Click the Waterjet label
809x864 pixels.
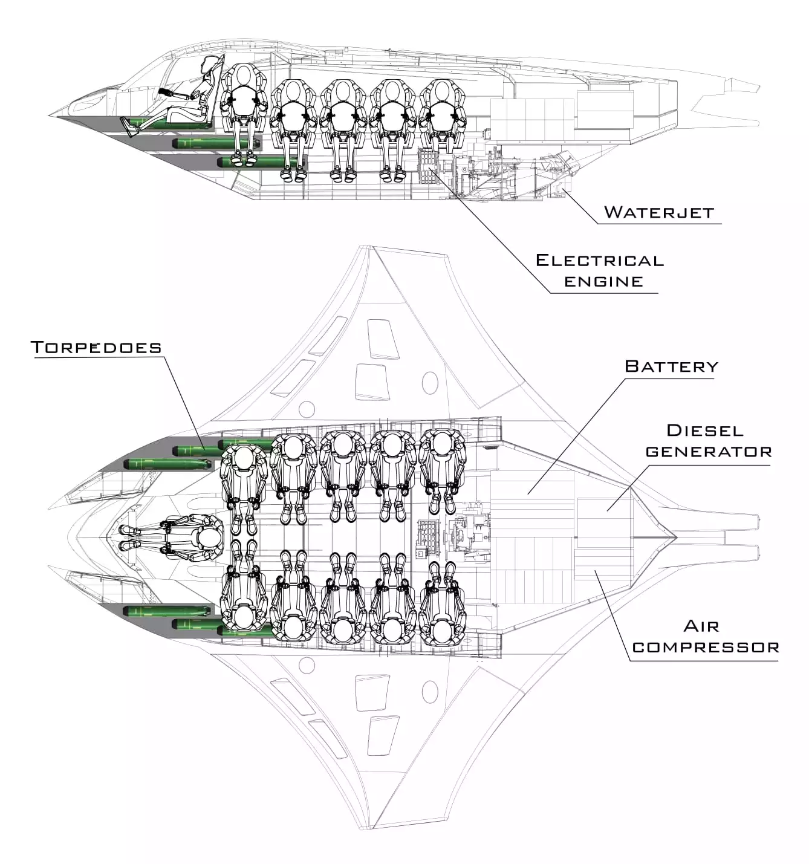tap(658, 212)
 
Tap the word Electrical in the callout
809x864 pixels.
tap(599, 261)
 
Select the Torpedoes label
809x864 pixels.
tap(96, 347)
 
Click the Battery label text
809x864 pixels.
tap(671, 366)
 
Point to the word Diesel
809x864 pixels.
tap(704, 430)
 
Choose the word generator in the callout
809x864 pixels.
tap(709, 452)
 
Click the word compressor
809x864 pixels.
tap(705, 647)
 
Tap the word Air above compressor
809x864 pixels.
tap(701, 626)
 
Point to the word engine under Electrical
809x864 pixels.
tap(603, 281)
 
